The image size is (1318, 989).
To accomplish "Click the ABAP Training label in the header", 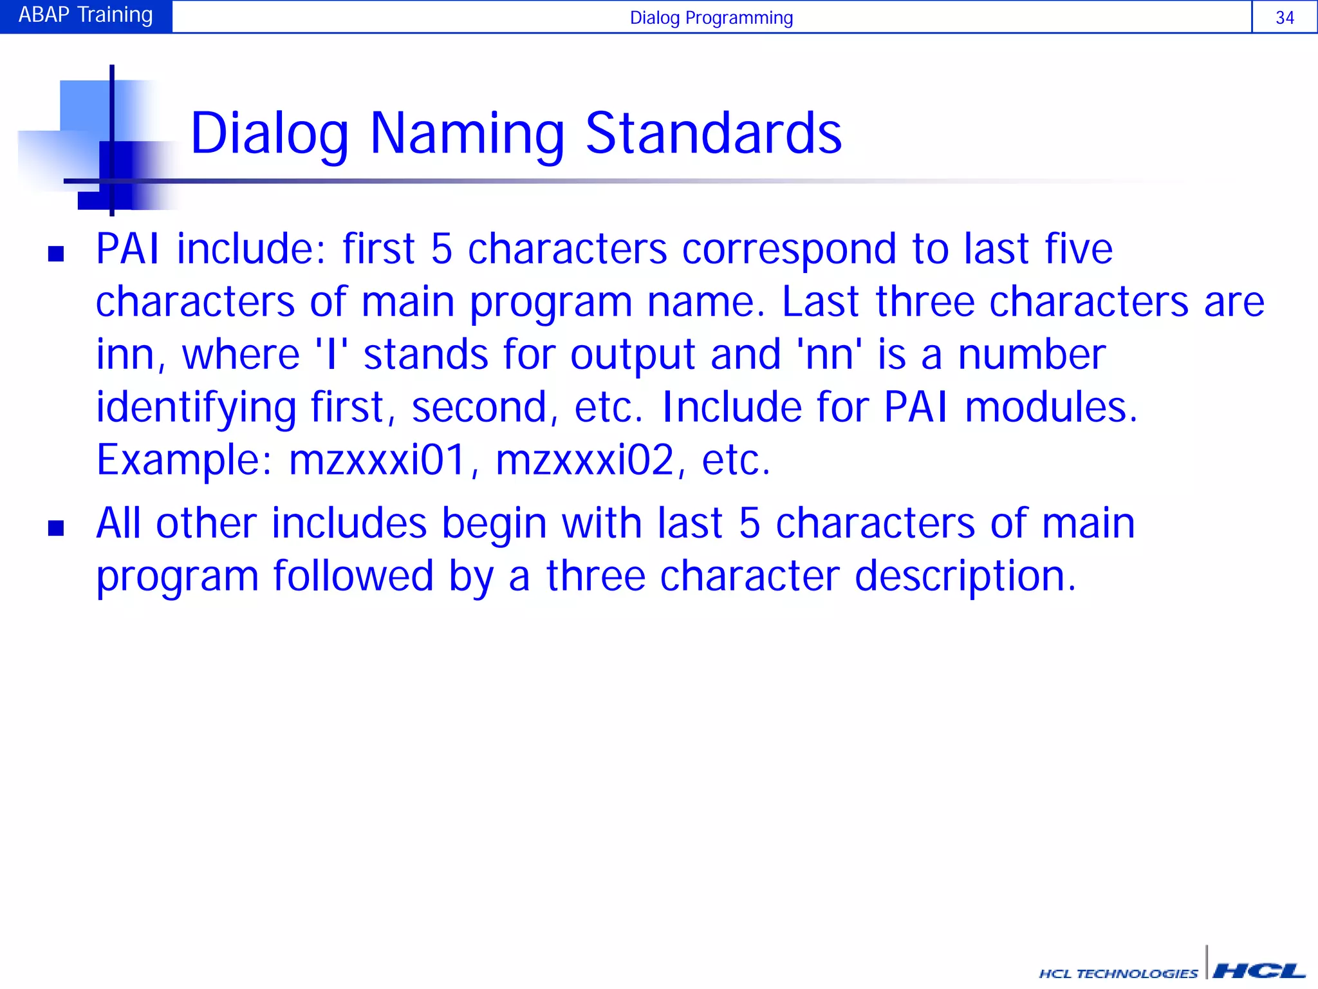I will point(86,15).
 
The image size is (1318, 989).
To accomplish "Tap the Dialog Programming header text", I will point(711,18).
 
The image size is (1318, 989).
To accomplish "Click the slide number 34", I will point(1285,18).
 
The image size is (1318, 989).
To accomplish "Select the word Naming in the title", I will point(467,135).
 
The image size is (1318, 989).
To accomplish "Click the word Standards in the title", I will point(714,133).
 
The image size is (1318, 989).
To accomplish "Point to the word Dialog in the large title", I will point(270,135).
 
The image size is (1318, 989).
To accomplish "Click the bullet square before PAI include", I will point(56,254).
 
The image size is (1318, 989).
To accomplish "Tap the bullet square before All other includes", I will point(56,528).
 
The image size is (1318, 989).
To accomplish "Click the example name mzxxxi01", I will point(377,460).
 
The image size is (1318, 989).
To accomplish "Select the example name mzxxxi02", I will point(584,460).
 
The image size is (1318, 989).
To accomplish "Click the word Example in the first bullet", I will point(184,460).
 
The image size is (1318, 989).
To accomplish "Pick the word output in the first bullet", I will point(633,355).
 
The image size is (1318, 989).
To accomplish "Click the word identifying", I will point(196,408).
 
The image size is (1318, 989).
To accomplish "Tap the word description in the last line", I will point(965,576).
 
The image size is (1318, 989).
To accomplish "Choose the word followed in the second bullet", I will point(353,576).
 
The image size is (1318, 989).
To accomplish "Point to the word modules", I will point(1051,408).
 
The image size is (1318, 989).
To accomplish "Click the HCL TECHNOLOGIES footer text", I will point(1118,973).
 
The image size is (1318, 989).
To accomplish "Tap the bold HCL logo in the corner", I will point(1259,970).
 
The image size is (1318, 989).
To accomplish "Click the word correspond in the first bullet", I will point(789,250).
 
